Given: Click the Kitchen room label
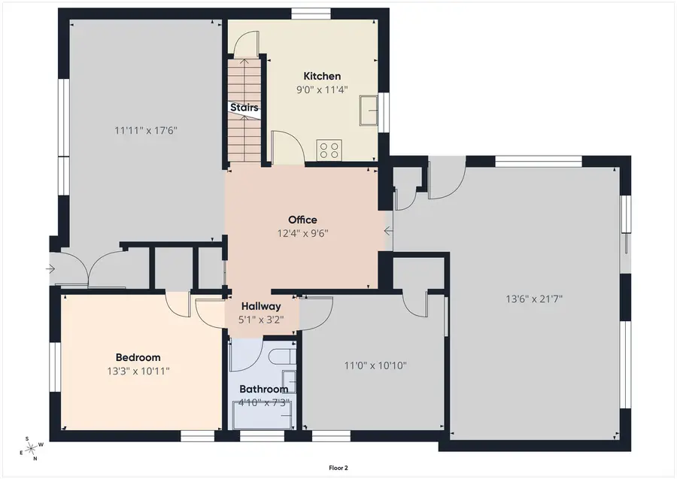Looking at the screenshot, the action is tap(322, 76).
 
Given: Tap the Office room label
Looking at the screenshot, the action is tap(302, 220).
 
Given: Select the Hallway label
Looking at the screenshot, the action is tap(261, 306).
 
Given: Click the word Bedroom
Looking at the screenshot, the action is tap(138, 357).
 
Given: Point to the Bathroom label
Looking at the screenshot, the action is tap(264, 389).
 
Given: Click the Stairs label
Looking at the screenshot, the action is tap(244, 107).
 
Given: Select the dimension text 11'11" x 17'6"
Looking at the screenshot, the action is tap(146, 130).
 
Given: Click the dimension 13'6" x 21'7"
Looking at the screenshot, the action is tap(534, 299).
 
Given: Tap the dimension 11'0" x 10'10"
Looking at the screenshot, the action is tap(375, 366).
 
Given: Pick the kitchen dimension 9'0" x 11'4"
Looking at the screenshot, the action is tap(322, 89).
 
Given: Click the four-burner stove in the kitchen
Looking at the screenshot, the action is tap(329, 150).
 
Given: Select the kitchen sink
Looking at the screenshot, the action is tap(369, 111).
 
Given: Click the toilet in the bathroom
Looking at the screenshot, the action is tap(281, 358).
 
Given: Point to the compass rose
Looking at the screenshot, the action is tap(31, 449).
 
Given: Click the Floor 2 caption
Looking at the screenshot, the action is tap(338, 468).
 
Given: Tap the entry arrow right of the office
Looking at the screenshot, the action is tap(389, 231).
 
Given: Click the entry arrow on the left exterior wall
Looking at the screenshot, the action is tap(50, 269).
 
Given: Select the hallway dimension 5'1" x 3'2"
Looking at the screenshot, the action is tap(261, 320).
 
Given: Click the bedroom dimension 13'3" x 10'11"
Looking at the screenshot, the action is tap(138, 371).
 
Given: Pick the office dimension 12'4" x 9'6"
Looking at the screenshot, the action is tap(302, 233).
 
